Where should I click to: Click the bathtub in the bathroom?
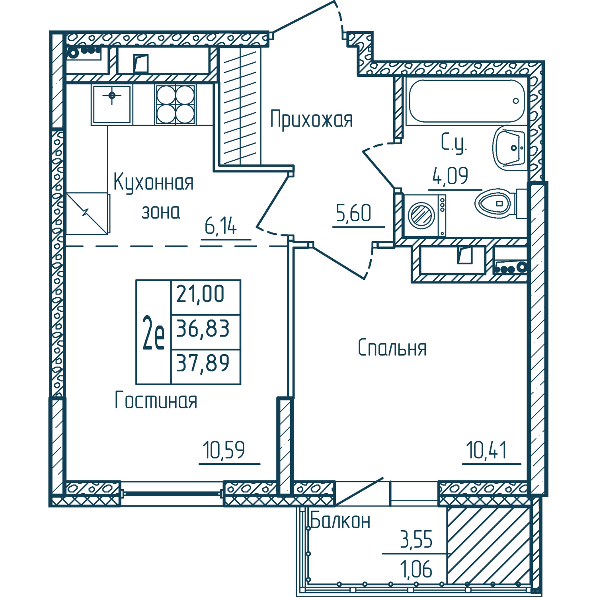point(466,101)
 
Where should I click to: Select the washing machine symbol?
point(424,215)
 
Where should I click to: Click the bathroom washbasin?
point(510,148)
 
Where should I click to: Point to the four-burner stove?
point(176,104)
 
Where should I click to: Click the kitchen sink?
point(112,104)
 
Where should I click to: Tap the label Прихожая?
point(311,120)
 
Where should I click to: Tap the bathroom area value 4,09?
point(450,176)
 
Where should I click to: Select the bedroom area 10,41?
point(486,450)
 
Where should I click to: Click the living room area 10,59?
point(224,450)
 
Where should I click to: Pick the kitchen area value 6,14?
point(220,226)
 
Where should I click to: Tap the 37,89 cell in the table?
point(203,363)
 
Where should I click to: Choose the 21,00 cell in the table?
point(201,294)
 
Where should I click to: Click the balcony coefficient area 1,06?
point(416,569)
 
